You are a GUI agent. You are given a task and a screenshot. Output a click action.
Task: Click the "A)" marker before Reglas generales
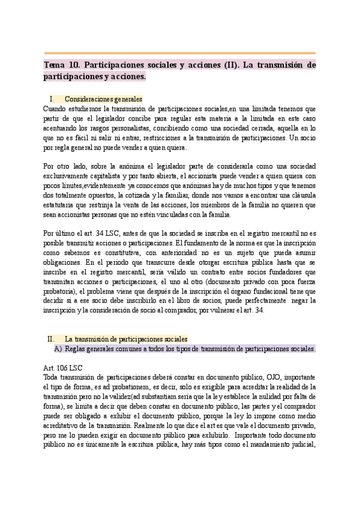[x=58, y=349]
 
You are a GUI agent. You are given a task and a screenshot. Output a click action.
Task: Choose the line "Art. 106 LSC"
[x=63, y=367]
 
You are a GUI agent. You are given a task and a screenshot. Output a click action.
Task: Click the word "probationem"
[x=135, y=387]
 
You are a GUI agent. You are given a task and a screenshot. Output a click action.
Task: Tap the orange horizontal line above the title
[x=180, y=53]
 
